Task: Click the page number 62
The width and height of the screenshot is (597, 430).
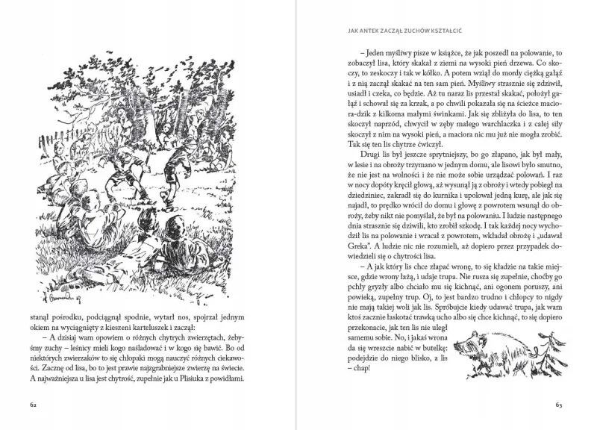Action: [x=34, y=406]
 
